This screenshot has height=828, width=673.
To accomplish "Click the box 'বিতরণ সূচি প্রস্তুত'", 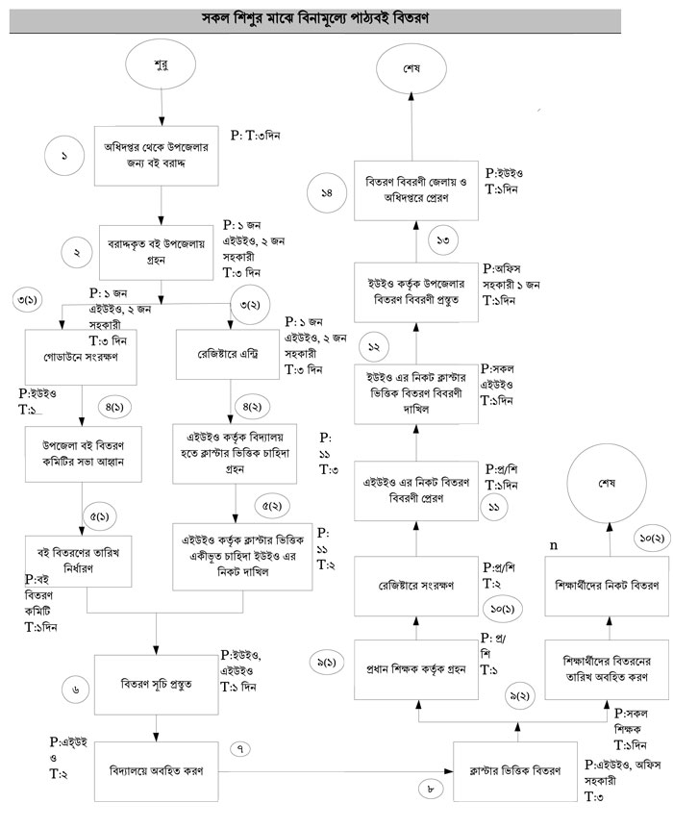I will click(156, 685).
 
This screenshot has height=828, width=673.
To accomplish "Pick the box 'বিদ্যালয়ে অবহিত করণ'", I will click(156, 771).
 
